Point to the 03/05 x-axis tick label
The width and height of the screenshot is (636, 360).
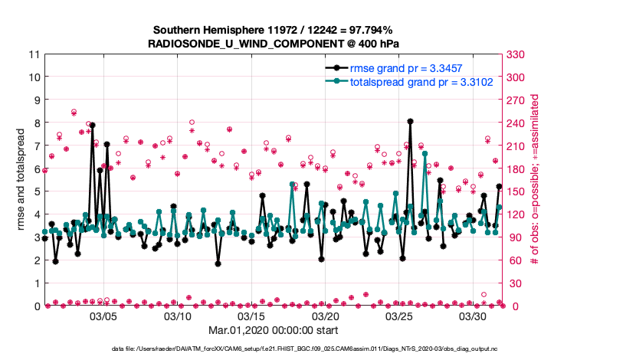click(x=104, y=316)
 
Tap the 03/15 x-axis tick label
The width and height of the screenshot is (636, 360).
click(x=252, y=316)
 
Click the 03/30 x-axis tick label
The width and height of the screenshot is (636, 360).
click(x=474, y=316)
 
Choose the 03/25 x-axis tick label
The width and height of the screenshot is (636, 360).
click(x=400, y=316)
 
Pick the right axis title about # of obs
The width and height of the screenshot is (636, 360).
click(x=535, y=180)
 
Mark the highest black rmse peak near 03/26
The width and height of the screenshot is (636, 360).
click(x=411, y=121)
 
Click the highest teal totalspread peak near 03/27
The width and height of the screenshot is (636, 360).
click(x=425, y=153)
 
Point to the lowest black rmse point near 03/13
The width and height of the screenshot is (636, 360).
click(x=218, y=263)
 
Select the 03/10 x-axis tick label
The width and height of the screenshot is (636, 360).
click(x=178, y=316)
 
